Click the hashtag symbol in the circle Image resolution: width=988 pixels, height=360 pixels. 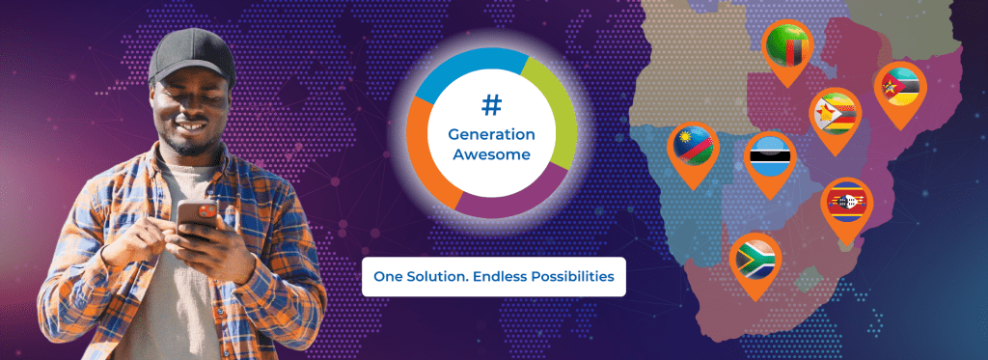491,105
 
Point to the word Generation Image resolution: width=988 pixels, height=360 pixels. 491,134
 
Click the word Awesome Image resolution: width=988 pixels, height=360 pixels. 491,154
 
